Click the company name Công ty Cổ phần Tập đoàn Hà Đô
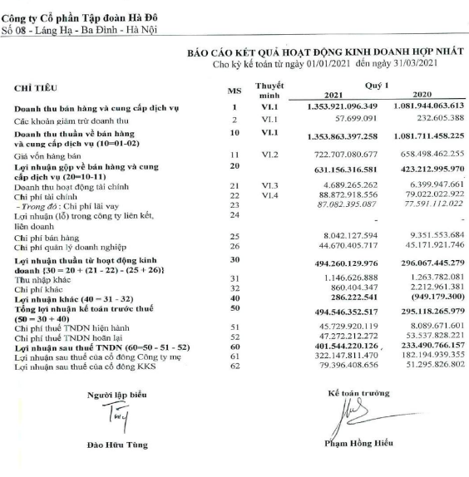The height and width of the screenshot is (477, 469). (81, 17)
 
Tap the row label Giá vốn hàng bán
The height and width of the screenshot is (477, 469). (49, 155)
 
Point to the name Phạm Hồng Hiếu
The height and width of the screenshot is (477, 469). (353, 442)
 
